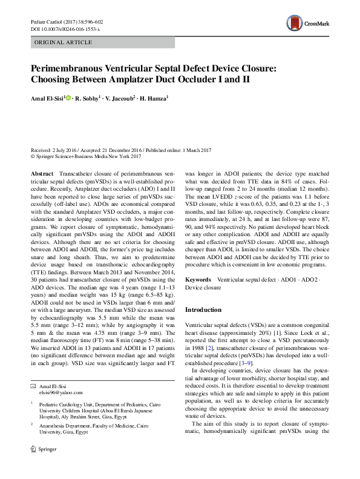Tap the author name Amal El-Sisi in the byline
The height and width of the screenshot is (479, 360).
[x=47, y=97]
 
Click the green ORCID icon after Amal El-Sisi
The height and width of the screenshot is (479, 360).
[x=68, y=97]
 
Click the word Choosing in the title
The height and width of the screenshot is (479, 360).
[x=54, y=80]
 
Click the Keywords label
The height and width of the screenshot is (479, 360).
[x=198, y=281]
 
